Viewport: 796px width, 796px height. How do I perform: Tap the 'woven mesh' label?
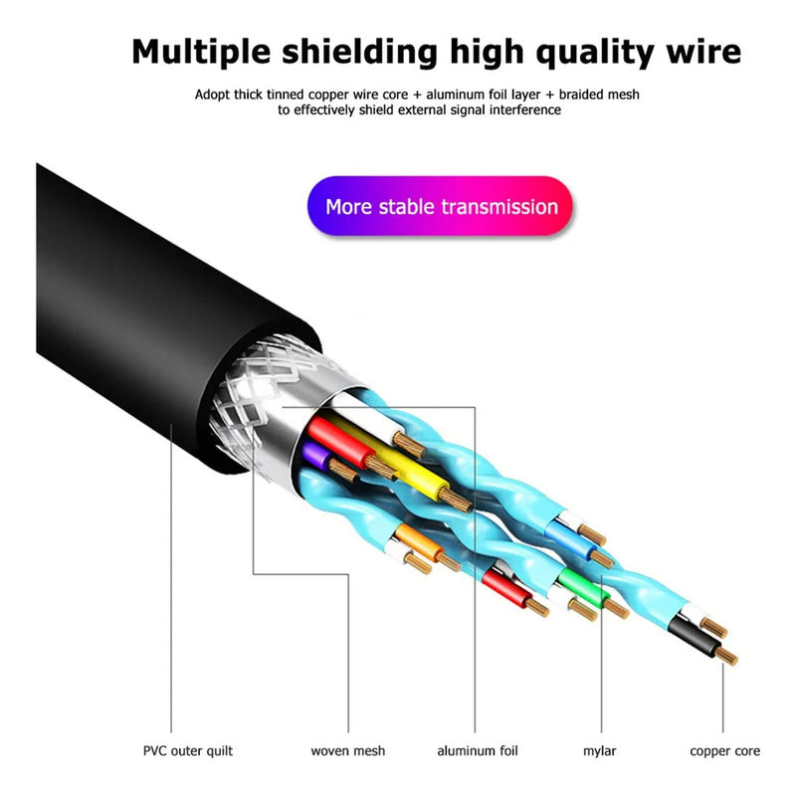348,750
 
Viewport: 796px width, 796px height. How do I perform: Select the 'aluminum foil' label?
478,750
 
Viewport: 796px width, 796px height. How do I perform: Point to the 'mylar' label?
601,750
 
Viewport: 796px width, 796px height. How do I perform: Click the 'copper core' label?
723,750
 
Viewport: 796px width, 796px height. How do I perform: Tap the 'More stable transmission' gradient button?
441,207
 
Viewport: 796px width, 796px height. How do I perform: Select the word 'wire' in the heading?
700,51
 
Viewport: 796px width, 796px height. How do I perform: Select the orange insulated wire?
408,542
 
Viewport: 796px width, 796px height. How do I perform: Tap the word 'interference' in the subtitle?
527,110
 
